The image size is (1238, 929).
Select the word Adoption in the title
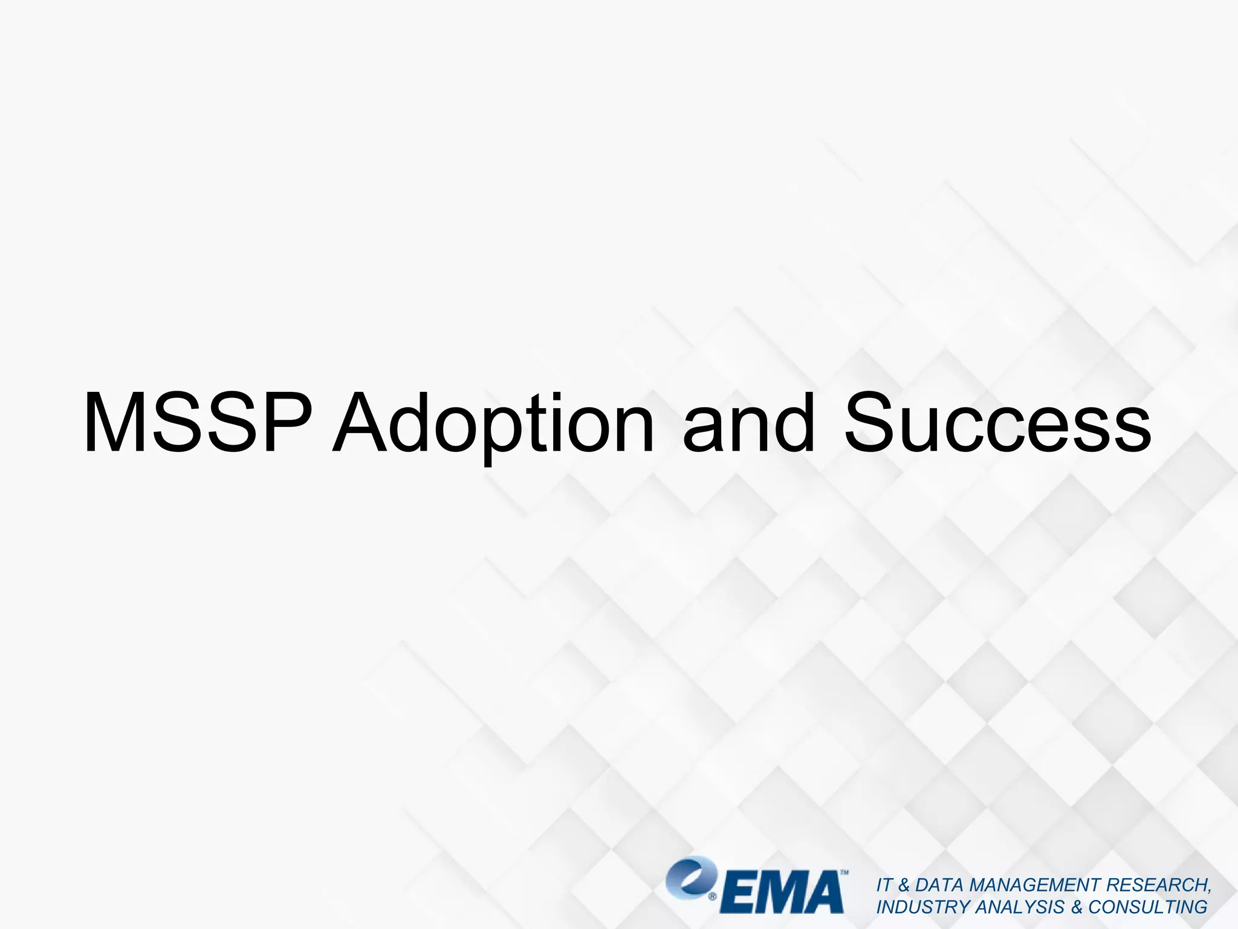coord(494,423)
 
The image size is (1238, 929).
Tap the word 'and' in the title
coord(748,423)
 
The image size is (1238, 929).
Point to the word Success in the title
coord(997,423)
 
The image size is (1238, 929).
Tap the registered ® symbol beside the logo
coord(713,897)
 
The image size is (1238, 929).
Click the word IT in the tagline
coord(884,885)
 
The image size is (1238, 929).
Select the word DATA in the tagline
coord(939,885)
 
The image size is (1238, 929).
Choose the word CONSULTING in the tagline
coord(1148,907)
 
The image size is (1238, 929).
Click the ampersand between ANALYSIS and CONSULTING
coord(1077,907)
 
